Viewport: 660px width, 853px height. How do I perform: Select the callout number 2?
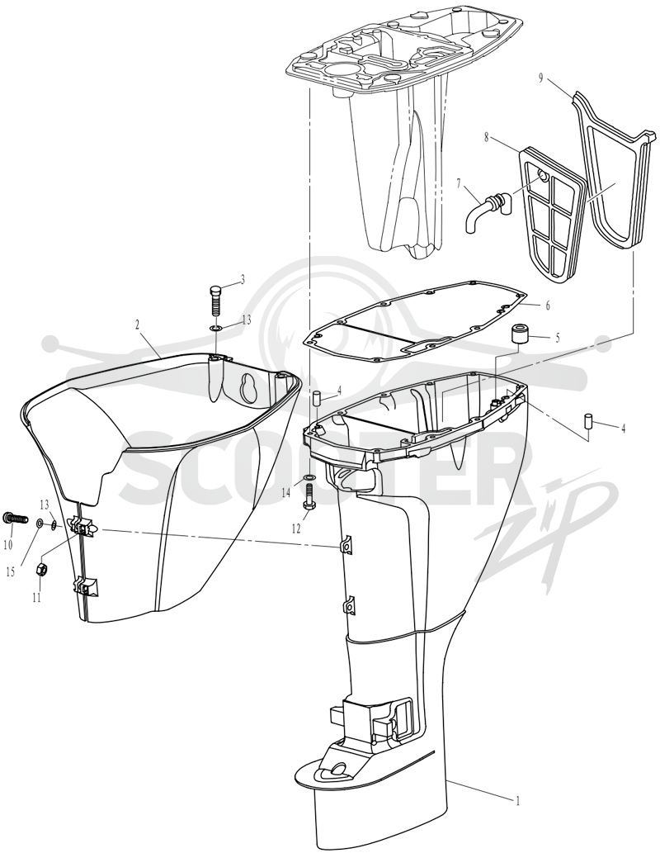138,325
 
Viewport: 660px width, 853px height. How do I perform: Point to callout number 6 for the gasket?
548,306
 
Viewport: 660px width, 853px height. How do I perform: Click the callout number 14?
286,492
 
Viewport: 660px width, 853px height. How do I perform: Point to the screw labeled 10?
16,519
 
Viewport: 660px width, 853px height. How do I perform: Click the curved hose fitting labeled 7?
487,211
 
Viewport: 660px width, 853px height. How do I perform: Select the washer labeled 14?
309,478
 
